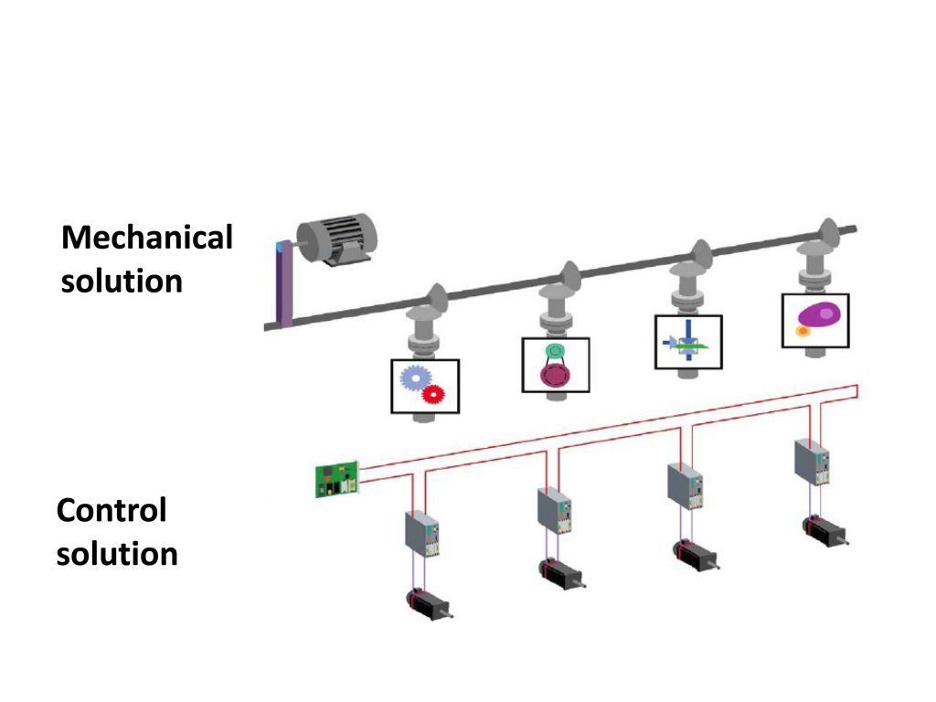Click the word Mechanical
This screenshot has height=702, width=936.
[146, 238]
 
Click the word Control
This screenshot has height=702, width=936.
[112, 510]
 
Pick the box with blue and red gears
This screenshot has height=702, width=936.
[425, 386]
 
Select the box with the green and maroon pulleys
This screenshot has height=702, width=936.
[556, 365]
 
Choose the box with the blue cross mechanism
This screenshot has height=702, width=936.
[688, 342]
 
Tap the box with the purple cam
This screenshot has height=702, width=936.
[815, 320]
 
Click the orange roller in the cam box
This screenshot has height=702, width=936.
[803, 331]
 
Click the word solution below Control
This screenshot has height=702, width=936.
[117, 554]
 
